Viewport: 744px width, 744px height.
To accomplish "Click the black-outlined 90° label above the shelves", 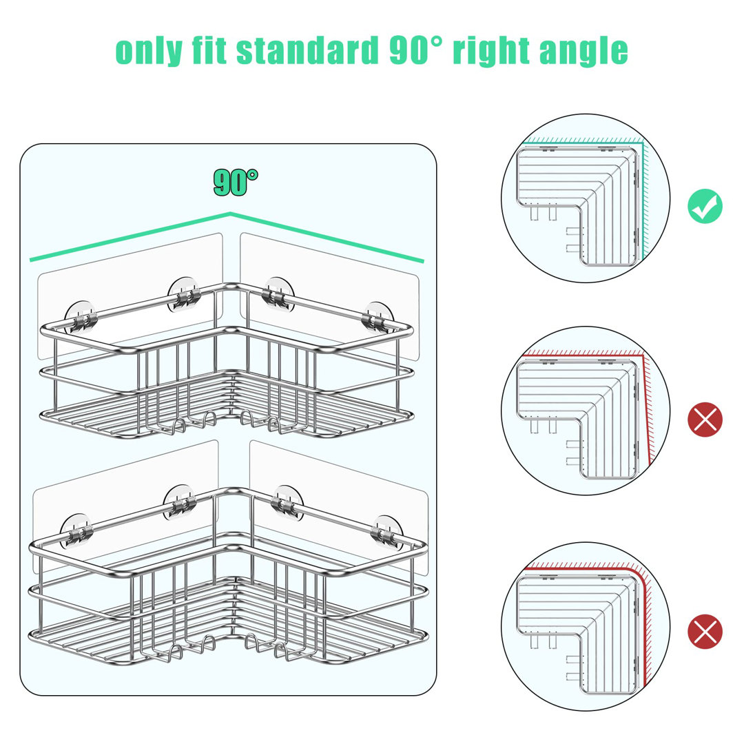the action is (236, 182).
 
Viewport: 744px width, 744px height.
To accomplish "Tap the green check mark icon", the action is (705, 206).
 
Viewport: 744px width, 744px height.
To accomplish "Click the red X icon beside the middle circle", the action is (705, 420).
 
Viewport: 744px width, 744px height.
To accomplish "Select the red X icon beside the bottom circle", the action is (705, 632).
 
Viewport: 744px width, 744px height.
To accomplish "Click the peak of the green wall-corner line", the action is (231, 214).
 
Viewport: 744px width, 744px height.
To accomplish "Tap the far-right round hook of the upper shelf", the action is (378, 317).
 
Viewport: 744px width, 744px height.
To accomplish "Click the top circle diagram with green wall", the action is (586, 198).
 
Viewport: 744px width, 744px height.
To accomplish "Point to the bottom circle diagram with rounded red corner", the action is (586, 626).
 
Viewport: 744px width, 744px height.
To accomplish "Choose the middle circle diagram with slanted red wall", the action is (586, 411).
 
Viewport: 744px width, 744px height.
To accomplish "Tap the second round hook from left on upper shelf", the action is (184, 295).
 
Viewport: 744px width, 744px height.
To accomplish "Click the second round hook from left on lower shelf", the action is (179, 502).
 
